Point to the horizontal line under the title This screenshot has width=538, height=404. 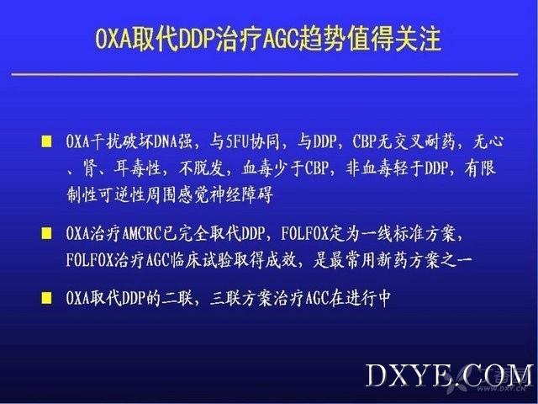(x=265, y=74)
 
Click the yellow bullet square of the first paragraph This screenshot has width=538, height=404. (x=46, y=141)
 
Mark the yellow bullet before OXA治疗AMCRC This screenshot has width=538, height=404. (x=46, y=234)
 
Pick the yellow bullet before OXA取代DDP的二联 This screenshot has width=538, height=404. (x=46, y=297)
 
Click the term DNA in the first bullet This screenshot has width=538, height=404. (x=166, y=141)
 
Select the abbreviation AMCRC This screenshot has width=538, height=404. (x=142, y=234)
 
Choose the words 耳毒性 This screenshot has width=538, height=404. (x=138, y=168)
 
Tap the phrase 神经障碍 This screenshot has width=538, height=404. (x=243, y=195)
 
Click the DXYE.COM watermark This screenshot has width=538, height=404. (x=450, y=375)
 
